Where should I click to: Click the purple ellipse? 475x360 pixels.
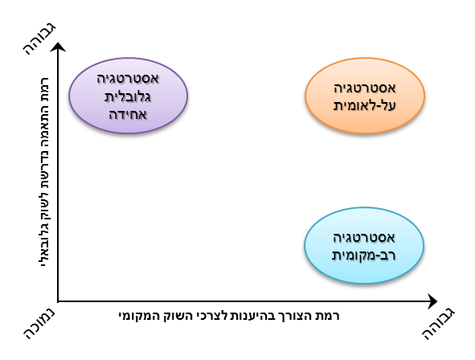[x=128, y=96]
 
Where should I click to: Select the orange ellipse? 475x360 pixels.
[x=365, y=96]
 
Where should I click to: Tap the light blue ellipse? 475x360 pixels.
[x=364, y=246]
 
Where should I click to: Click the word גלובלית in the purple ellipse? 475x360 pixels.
[x=128, y=97]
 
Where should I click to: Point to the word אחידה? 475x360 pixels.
[x=128, y=115]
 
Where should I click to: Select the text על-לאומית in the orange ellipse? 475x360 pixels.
[x=365, y=105]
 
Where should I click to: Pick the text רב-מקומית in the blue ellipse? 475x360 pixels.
[x=364, y=255]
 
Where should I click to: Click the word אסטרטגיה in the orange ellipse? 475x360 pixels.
[x=365, y=88]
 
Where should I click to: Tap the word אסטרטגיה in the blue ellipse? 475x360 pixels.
[x=364, y=238]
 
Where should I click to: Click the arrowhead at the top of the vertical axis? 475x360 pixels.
[x=58, y=47]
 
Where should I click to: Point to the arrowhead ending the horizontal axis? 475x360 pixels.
[x=432, y=301]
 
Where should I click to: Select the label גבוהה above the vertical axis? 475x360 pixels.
[x=39, y=39]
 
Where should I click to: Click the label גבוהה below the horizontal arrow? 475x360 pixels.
[x=439, y=324]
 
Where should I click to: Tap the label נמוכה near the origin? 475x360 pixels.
[x=39, y=323]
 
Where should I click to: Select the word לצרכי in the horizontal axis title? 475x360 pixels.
[x=211, y=316]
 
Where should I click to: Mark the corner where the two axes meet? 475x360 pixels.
[x=58, y=301]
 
